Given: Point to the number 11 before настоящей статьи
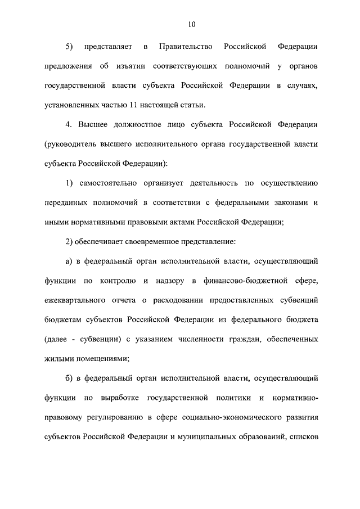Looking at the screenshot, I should [149, 105].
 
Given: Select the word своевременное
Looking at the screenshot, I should [150, 241].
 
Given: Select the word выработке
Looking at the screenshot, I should [119, 398].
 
